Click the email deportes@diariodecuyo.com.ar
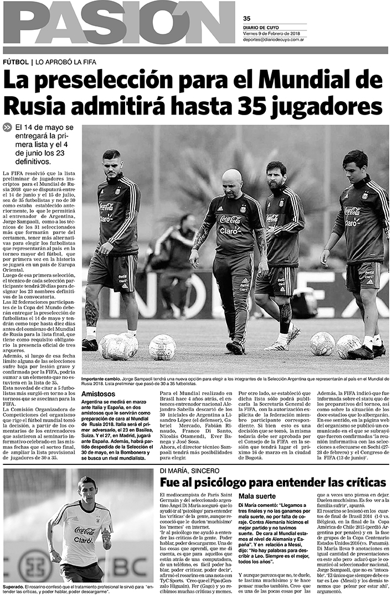(280, 39)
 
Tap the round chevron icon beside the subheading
(7, 127)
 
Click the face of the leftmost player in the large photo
(111, 163)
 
